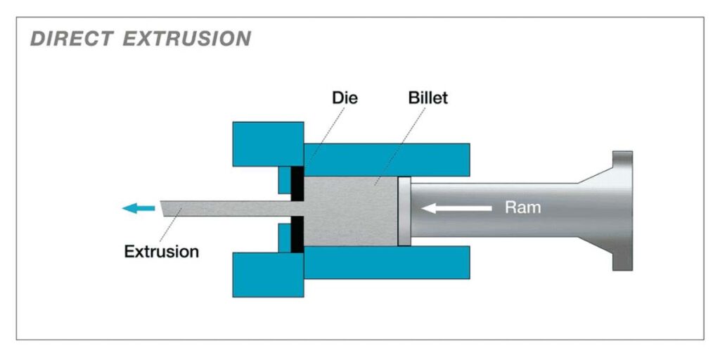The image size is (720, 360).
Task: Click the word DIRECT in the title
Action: (71, 39)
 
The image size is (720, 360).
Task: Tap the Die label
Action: (345, 98)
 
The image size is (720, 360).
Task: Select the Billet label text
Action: (427, 98)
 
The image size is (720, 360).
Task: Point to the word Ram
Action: (523, 207)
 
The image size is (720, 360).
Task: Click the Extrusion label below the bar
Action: (161, 251)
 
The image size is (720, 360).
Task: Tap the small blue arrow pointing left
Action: (138, 207)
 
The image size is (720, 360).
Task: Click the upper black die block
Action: (298, 183)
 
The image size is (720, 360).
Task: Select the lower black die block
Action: (298, 235)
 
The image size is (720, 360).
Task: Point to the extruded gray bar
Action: (225, 208)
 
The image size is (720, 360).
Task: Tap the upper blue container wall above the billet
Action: (386, 159)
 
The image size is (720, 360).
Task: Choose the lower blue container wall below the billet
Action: (386, 262)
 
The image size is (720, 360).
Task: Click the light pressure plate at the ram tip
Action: (404, 210)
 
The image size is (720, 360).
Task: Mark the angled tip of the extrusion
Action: (165, 209)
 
